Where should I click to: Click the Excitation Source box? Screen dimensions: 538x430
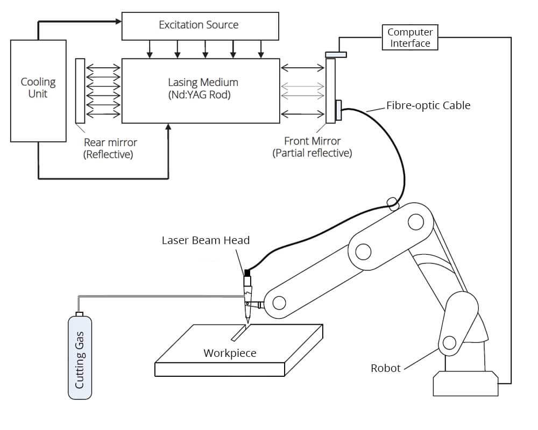[x=200, y=26]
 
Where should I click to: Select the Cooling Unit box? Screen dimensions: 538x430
[x=38, y=91]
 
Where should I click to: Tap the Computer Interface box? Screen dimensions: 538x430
[x=410, y=38]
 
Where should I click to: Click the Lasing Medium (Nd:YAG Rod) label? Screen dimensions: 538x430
[x=203, y=89]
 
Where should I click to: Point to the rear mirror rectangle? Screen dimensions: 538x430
[x=80, y=91]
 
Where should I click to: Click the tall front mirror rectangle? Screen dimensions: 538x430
[x=330, y=91]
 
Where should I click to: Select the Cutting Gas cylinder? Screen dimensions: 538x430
[x=80, y=356]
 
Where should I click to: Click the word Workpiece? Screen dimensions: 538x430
[x=230, y=353]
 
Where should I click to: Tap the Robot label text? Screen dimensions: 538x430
[x=386, y=368]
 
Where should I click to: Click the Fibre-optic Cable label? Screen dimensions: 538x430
[x=428, y=105]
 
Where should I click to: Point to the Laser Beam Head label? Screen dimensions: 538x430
[x=206, y=240]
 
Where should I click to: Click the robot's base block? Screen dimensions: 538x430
[x=465, y=383]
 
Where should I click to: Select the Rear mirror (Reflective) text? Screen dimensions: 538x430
[x=110, y=148]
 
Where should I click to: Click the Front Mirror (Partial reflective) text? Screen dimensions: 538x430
[x=312, y=147]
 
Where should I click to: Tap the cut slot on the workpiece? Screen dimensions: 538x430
[x=239, y=333]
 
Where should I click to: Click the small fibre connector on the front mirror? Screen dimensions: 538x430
[x=338, y=110]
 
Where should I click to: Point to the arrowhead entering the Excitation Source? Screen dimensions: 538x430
[x=118, y=21]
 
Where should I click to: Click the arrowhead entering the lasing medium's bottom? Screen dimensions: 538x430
[x=168, y=126]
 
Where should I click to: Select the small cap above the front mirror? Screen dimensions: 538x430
[x=336, y=54]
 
